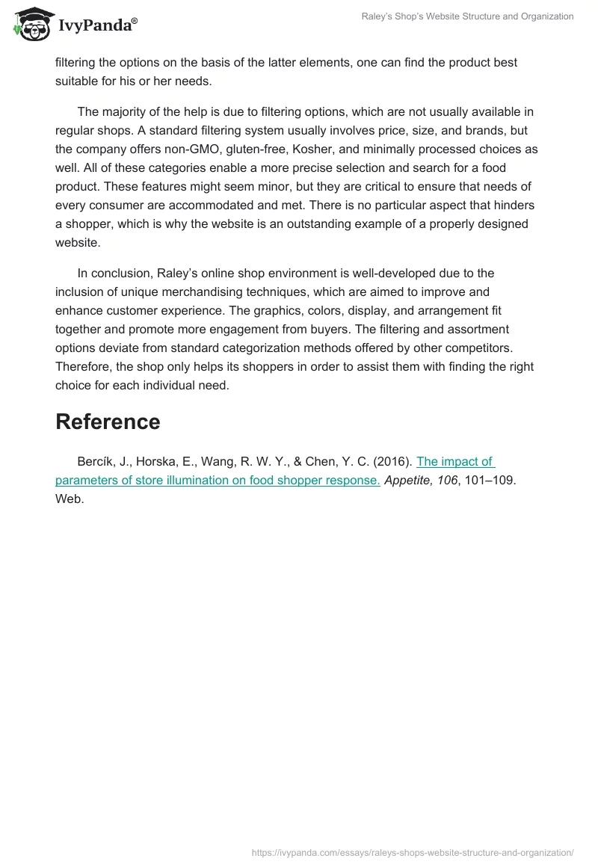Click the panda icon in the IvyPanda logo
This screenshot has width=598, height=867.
coord(31,23)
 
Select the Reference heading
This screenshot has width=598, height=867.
coord(108,422)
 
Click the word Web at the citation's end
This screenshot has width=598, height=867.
coord(68,499)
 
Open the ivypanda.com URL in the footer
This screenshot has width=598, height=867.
coord(413,852)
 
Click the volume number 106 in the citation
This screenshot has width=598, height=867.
coord(446,480)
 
